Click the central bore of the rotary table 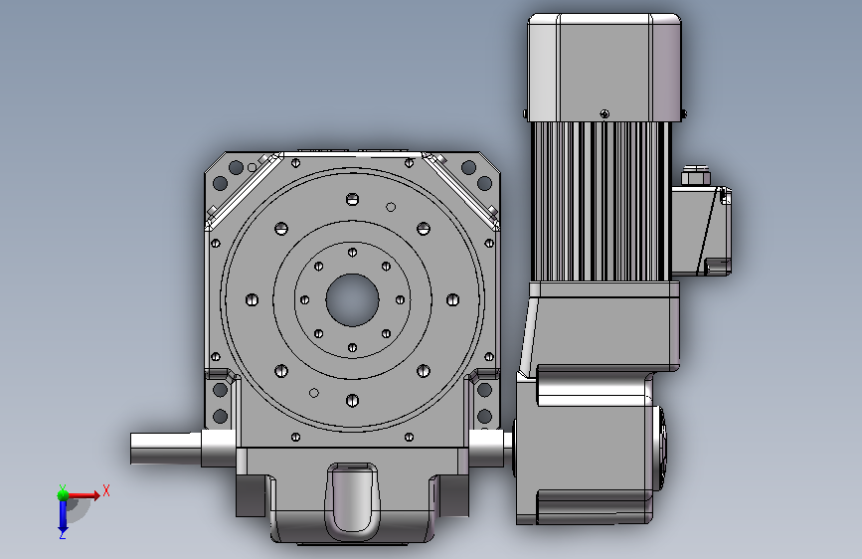(352, 299)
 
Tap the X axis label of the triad (106, 490)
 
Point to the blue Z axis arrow (63, 515)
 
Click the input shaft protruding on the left (166, 448)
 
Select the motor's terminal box (701, 231)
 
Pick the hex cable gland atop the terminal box (695, 175)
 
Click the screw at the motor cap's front (604, 114)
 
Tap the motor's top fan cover (604, 67)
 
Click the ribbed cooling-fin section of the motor (601, 201)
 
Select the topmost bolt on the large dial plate (352, 199)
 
